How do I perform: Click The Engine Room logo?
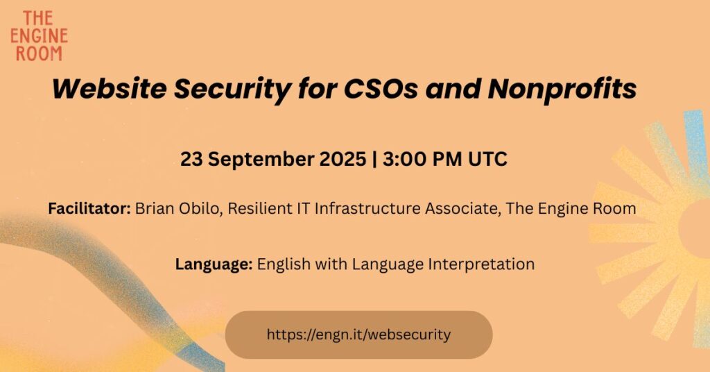39,36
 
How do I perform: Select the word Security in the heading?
232,90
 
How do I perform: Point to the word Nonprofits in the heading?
562,90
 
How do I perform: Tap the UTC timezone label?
487,159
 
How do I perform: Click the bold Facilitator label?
89,208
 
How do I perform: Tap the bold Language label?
214,264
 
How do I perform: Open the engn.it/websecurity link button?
358,335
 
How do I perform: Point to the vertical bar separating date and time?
374,160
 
